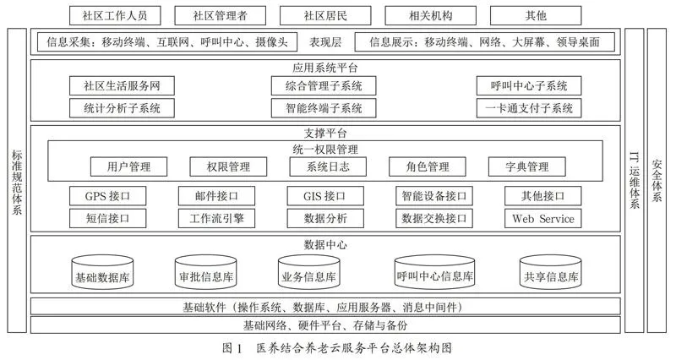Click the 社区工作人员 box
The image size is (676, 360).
[115, 16]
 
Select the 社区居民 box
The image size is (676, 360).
[325, 16]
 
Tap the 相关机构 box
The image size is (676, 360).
[430, 16]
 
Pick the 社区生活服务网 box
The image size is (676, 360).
[122, 86]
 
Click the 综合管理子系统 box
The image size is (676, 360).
[324, 86]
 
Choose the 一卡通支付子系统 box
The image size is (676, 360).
[529, 108]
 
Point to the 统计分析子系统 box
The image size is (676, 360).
[122, 108]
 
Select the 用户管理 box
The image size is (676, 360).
[128, 166]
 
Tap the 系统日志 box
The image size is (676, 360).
[328, 166]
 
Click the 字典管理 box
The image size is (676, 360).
[526, 166]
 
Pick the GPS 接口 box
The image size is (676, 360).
[107, 196]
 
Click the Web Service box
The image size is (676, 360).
[542, 219]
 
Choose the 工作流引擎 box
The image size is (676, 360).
[216, 219]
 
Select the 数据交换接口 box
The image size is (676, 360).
[434, 219]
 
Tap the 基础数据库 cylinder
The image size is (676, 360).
[102, 272]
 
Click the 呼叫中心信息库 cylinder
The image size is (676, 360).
[434, 272]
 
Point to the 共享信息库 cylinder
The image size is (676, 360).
[551, 272]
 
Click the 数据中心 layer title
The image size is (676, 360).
[325, 245]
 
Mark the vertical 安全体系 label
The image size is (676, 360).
[657, 181]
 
